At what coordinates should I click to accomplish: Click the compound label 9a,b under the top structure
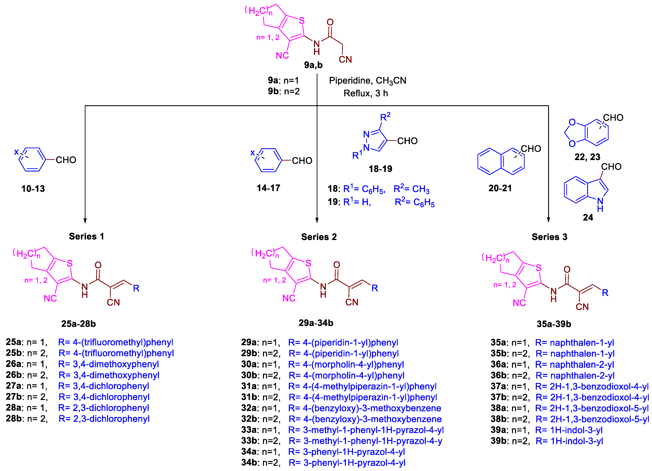(313, 65)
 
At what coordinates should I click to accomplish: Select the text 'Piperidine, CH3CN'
(367, 81)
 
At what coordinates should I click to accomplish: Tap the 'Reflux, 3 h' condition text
(366, 93)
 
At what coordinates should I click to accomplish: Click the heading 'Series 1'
(86, 236)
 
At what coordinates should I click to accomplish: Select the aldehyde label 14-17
(268, 188)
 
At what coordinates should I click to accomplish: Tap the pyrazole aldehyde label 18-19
(380, 169)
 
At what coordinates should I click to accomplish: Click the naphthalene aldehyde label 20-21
(500, 188)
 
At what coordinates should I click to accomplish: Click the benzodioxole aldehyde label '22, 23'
(587, 157)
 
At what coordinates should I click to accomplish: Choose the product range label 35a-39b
(554, 324)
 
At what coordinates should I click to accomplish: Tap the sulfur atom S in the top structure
(302, 21)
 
